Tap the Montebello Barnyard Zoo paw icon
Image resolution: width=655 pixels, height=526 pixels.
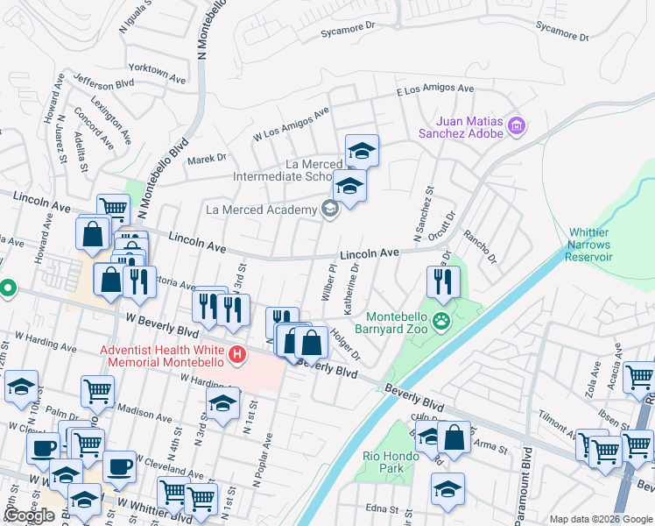(443, 321)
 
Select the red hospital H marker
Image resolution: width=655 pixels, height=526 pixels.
(236, 355)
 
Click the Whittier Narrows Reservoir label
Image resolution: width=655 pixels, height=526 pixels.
(588, 245)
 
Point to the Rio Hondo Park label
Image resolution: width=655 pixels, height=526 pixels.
(384, 461)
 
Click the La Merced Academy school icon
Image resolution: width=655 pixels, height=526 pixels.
(329, 209)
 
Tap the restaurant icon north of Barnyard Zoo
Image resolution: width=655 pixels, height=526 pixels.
(443, 281)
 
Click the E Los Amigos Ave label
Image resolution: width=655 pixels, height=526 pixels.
(435, 89)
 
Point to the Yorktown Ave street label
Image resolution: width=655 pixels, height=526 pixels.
(158, 73)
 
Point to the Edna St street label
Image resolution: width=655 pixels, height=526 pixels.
(382, 508)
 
